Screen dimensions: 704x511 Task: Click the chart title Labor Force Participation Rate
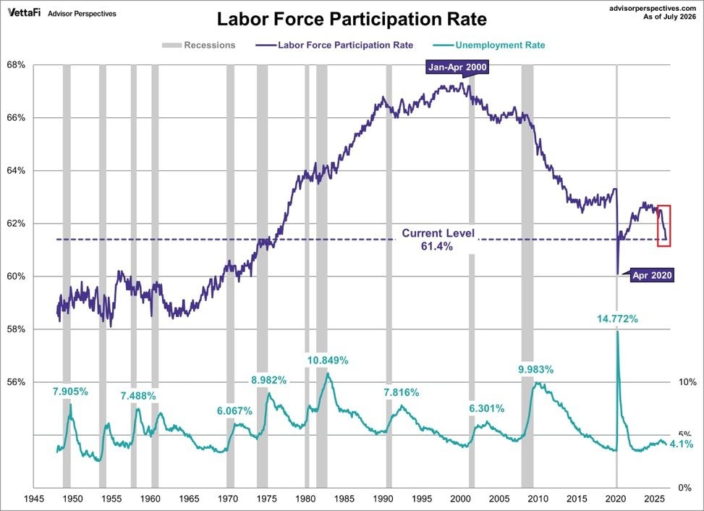tap(352, 20)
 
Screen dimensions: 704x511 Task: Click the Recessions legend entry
tap(198, 45)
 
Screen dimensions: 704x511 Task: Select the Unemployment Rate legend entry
tap(489, 45)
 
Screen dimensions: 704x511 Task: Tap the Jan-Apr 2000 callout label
tap(457, 67)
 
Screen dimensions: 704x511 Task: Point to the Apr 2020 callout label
tap(652, 275)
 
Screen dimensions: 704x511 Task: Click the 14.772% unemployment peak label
tap(617, 318)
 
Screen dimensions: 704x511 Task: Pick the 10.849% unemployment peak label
tap(327, 360)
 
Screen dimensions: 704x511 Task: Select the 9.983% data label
tap(535, 370)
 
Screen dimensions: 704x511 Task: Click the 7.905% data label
tap(70, 392)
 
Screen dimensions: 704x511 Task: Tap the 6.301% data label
tap(487, 409)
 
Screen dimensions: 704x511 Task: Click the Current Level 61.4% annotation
tap(438, 240)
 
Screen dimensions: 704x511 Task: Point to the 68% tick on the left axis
tap(16, 65)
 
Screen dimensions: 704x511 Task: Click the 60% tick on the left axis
tap(16, 276)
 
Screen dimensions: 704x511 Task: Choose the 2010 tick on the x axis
tap(538, 499)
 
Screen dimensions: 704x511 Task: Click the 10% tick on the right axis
tap(687, 382)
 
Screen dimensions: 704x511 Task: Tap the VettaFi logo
tap(24, 12)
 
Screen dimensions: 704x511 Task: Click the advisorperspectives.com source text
tap(653, 9)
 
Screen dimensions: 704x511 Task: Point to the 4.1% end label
tap(682, 444)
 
